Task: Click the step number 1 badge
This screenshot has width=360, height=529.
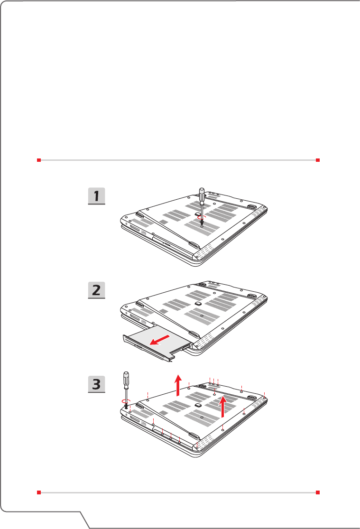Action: tap(96, 196)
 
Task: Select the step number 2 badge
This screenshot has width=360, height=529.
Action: tap(96, 290)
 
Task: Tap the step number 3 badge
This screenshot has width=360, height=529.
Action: tap(96, 384)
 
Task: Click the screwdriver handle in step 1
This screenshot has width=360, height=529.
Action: tap(202, 195)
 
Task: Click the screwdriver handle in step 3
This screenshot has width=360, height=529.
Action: tap(126, 379)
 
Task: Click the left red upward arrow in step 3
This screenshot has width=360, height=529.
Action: tap(178, 385)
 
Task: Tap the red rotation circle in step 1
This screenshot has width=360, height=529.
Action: tap(202, 218)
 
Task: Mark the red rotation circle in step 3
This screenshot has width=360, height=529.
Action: tap(126, 401)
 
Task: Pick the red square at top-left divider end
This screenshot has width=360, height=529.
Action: tap(39, 160)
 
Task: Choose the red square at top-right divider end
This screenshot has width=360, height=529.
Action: tap(317, 160)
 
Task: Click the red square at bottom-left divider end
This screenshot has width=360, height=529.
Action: tap(39, 492)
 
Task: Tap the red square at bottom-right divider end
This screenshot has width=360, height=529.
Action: tap(317, 492)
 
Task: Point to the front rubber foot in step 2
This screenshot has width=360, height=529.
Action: tap(194, 334)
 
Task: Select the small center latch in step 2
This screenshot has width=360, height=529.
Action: tap(198, 303)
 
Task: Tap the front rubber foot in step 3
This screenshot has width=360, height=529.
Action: tap(194, 436)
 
